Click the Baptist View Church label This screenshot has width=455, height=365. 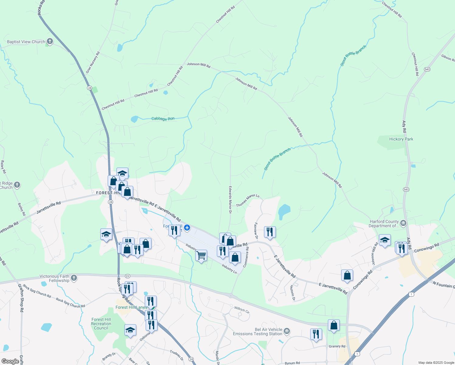[x=26, y=42]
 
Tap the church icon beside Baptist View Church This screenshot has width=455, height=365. [x=50, y=41]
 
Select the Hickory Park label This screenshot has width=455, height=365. [x=401, y=139]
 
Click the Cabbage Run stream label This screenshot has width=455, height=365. [x=163, y=119]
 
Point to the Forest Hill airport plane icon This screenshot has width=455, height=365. [x=187, y=227]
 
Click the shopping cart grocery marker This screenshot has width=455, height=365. [x=201, y=255]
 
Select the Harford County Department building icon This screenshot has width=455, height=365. [x=403, y=223]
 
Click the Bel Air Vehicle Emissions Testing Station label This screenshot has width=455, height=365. [x=258, y=332]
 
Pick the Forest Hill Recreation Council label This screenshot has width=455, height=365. [x=101, y=324]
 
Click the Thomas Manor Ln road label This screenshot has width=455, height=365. [x=248, y=200]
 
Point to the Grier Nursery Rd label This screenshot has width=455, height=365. [x=93, y=62]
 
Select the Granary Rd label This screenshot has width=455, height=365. [x=337, y=346]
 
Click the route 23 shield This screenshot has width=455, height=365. [x=127, y=276]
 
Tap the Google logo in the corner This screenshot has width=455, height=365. [x=10, y=361]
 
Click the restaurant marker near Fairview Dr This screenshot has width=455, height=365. [x=269, y=232]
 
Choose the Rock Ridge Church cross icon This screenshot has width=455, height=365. [x=17, y=185]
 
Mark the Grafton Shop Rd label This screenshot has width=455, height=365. [x=21, y=298]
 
